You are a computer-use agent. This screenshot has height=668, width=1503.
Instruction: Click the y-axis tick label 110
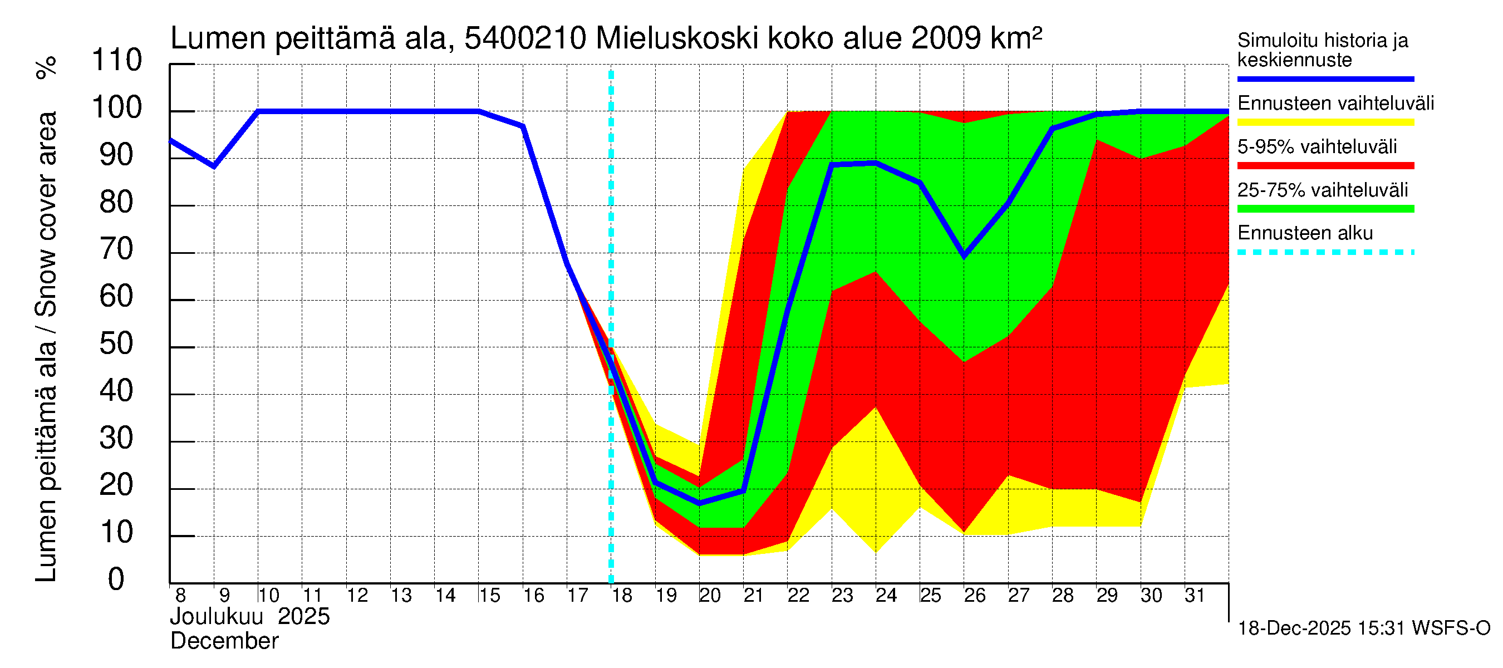(x=117, y=61)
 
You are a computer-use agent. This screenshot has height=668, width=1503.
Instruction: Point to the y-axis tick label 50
(x=117, y=344)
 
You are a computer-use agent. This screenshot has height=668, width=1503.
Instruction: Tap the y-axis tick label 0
(x=116, y=580)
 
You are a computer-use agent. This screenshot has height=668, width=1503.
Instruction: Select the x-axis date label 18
(x=622, y=596)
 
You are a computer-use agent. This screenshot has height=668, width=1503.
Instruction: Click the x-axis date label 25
(x=931, y=596)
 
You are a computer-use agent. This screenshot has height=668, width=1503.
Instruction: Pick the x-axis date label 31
(x=1195, y=596)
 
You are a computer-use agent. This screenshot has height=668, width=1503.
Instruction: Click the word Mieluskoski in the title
(x=677, y=39)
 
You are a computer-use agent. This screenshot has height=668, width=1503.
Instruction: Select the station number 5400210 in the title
(x=525, y=39)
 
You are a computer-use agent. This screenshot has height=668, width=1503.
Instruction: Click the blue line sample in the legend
(x=1325, y=78)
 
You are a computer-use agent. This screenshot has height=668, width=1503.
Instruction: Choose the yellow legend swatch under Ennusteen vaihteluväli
(x=1325, y=122)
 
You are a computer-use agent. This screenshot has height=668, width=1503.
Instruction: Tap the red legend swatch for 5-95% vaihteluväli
(x=1325, y=166)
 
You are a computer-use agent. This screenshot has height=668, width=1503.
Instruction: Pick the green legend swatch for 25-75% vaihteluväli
(x=1325, y=209)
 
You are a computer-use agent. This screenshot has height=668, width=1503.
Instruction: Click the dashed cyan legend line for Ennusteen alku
(x=1325, y=253)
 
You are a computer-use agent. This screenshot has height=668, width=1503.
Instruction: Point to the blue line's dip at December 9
(x=214, y=166)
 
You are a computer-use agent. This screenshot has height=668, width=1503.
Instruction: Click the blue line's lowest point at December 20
(x=700, y=503)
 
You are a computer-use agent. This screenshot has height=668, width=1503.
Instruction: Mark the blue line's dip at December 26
(x=964, y=256)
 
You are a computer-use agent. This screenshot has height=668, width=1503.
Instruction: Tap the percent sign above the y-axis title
(x=46, y=68)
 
